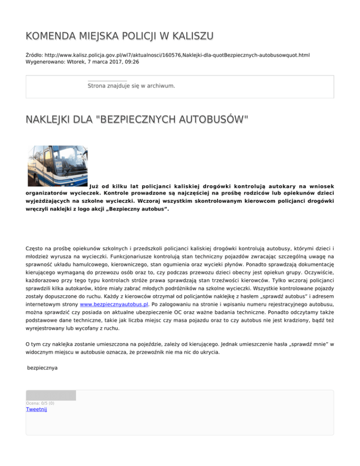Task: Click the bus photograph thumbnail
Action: tap(58, 165)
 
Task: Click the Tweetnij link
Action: tap(37, 409)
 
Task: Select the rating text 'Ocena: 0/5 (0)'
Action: tap(40, 403)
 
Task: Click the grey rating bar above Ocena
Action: tap(51, 395)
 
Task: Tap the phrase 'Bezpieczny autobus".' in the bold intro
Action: tap(141, 210)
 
